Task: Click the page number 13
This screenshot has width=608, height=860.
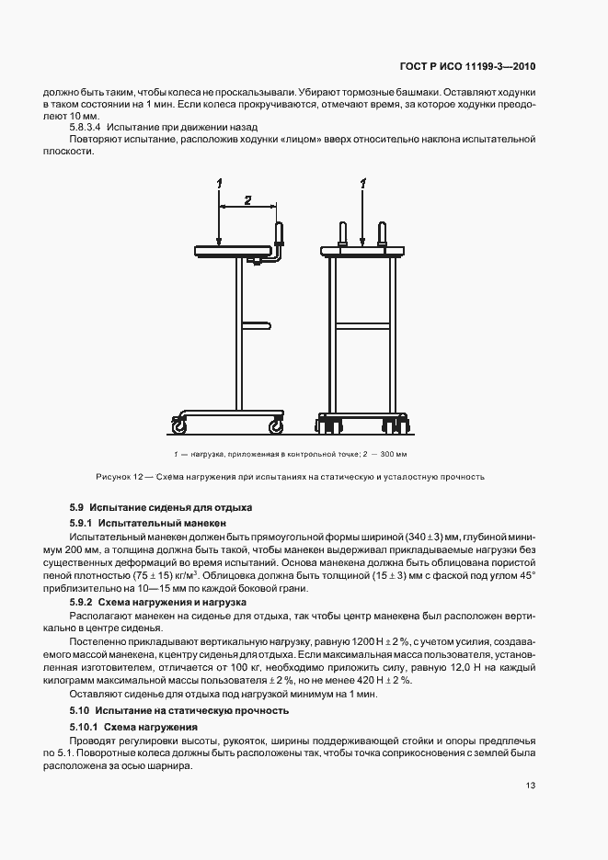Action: click(532, 786)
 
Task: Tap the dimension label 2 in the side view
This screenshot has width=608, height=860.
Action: click(247, 199)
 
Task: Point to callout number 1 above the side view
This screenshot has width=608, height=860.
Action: click(220, 184)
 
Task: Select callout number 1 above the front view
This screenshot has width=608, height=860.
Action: click(363, 184)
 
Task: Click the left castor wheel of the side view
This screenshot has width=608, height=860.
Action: click(178, 425)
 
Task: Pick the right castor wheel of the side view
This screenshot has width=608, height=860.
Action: click(276, 425)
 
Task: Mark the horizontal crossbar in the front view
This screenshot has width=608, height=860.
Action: click(362, 324)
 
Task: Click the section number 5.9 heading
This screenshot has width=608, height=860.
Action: click(77, 508)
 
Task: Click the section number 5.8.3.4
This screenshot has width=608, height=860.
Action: click(86, 127)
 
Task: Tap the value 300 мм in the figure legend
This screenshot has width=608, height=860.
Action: click(393, 455)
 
